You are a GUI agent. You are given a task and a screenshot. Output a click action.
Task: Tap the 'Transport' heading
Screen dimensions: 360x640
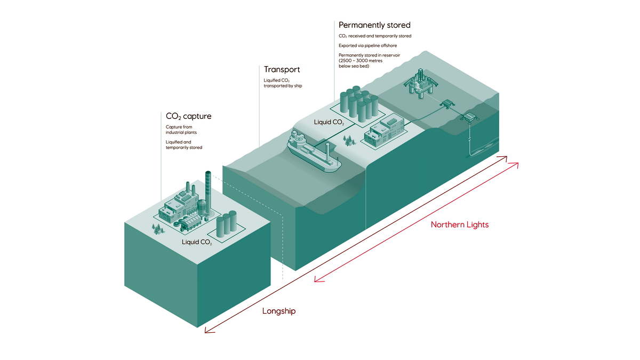(282, 69)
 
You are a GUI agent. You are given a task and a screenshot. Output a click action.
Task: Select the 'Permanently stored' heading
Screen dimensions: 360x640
(374, 25)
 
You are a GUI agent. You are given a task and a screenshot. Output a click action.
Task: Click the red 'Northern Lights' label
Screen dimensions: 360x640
(459, 225)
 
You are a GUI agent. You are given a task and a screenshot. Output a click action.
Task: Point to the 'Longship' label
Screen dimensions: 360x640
(278, 311)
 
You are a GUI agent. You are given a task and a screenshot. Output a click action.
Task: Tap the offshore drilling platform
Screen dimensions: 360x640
(421, 82)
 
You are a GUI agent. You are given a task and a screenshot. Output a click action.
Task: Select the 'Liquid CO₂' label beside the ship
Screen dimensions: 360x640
(329, 122)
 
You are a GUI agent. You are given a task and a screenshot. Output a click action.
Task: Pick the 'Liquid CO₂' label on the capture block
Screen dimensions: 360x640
(197, 243)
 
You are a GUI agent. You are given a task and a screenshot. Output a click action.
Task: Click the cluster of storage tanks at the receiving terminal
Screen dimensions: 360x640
(357, 102)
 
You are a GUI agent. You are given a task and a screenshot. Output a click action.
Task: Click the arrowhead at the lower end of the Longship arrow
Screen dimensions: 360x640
(209, 330)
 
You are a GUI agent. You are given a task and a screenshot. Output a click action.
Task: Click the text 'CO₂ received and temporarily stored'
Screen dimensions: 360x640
(375, 36)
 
